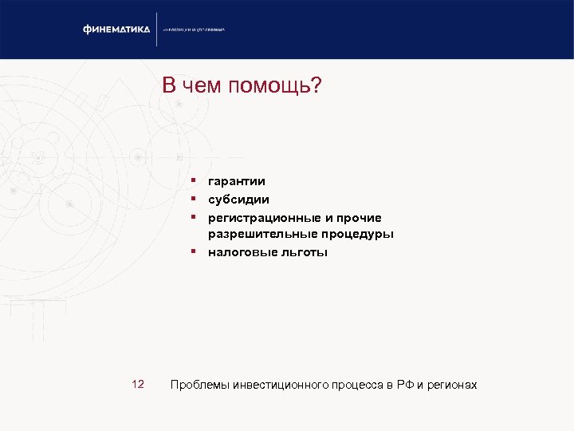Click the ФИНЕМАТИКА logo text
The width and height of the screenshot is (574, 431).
click(x=116, y=30)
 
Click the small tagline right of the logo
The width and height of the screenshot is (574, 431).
click(x=195, y=30)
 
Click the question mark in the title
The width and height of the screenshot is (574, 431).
click(x=315, y=85)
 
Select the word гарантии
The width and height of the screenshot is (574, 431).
click(x=237, y=182)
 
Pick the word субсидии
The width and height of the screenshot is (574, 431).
click(x=238, y=200)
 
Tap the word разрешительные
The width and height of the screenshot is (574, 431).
click(x=260, y=235)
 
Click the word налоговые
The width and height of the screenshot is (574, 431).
click(x=239, y=252)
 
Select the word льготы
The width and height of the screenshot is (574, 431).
click(x=301, y=252)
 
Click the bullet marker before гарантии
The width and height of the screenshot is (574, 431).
click(x=193, y=181)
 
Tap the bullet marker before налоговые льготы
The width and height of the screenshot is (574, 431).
click(x=193, y=251)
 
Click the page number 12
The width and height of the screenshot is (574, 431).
click(x=137, y=385)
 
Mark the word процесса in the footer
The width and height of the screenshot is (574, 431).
click(x=357, y=386)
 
